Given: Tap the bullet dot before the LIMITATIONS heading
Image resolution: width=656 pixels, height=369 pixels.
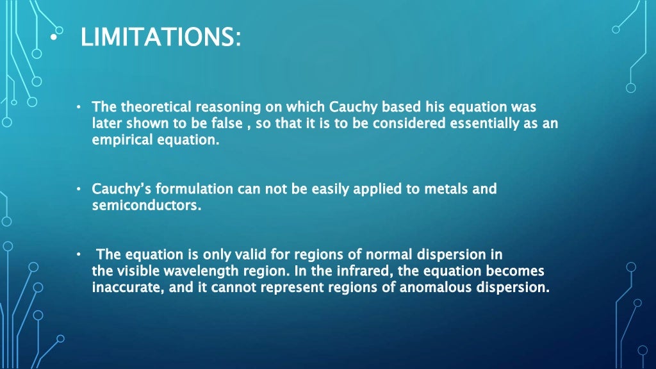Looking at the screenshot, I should pyautogui.click(x=53, y=37).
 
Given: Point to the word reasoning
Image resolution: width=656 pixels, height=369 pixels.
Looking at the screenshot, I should pyautogui.click(x=227, y=106).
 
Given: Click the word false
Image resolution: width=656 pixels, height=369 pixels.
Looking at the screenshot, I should pyautogui.click(x=229, y=123).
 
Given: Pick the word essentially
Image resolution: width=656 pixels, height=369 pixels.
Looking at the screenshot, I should pyautogui.click(x=484, y=123).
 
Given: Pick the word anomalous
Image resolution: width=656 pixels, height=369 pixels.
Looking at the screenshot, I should pyautogui.click(x=435, y=288).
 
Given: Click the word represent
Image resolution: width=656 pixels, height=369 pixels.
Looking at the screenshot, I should pyautogui.click(x=289, y=288).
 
